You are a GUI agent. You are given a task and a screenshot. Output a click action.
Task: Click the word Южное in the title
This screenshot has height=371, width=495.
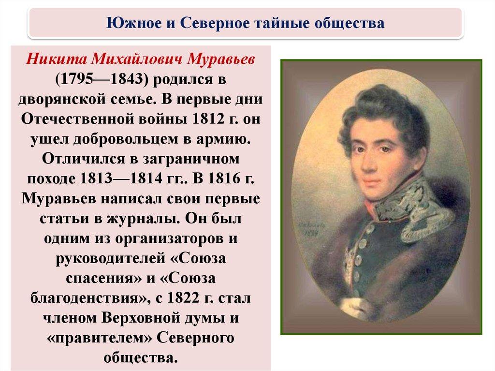point(133,23)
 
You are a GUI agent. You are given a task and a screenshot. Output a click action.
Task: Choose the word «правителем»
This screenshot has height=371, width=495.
point(99,338)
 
